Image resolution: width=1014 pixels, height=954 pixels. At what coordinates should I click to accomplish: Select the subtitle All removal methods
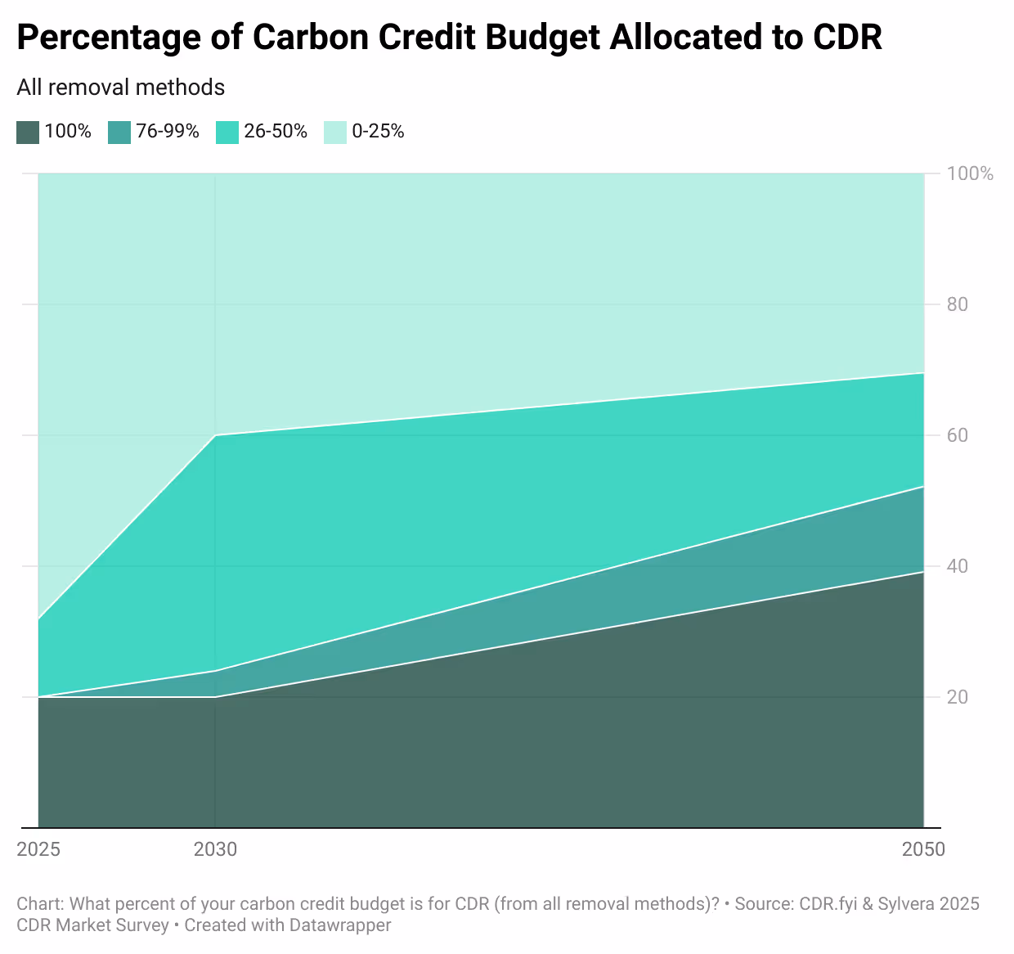click(x=120, y=88)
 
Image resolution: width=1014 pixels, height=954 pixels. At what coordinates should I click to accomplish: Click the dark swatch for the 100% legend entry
click(x=28, y=132)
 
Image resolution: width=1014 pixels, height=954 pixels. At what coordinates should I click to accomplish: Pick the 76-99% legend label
click(x=167, y=132)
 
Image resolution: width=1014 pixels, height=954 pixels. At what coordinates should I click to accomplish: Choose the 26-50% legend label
click(x=275, y=132)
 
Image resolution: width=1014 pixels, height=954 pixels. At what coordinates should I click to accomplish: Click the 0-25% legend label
click(x=378, y=132)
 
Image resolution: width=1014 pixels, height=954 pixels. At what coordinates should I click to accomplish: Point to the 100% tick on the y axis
click(x=970, y=173)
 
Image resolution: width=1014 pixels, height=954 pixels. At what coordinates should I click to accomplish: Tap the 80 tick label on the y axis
click(x=958, y=304)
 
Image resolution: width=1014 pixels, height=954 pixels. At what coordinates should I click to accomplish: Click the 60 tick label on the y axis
click(x=958, y=435)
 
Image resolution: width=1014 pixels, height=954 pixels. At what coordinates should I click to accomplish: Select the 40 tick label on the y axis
click(x=958, y=566)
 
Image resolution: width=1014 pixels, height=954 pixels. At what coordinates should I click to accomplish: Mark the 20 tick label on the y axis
click(x=958, y=697)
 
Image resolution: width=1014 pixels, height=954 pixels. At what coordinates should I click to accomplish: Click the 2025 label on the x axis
click(x=38, y=849)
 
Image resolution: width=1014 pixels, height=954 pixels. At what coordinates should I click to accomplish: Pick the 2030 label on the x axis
click(x=215, y=849)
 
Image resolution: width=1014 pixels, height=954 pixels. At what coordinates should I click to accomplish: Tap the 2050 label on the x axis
click(x=923, y=849)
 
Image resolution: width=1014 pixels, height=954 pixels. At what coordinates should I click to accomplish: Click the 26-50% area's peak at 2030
click(x=215, y=435)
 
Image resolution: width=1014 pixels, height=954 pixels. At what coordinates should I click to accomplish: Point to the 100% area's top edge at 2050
click(x=923, y=573)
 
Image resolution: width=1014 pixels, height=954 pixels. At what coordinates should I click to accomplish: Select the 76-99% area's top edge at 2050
click(x=923, y=487)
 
